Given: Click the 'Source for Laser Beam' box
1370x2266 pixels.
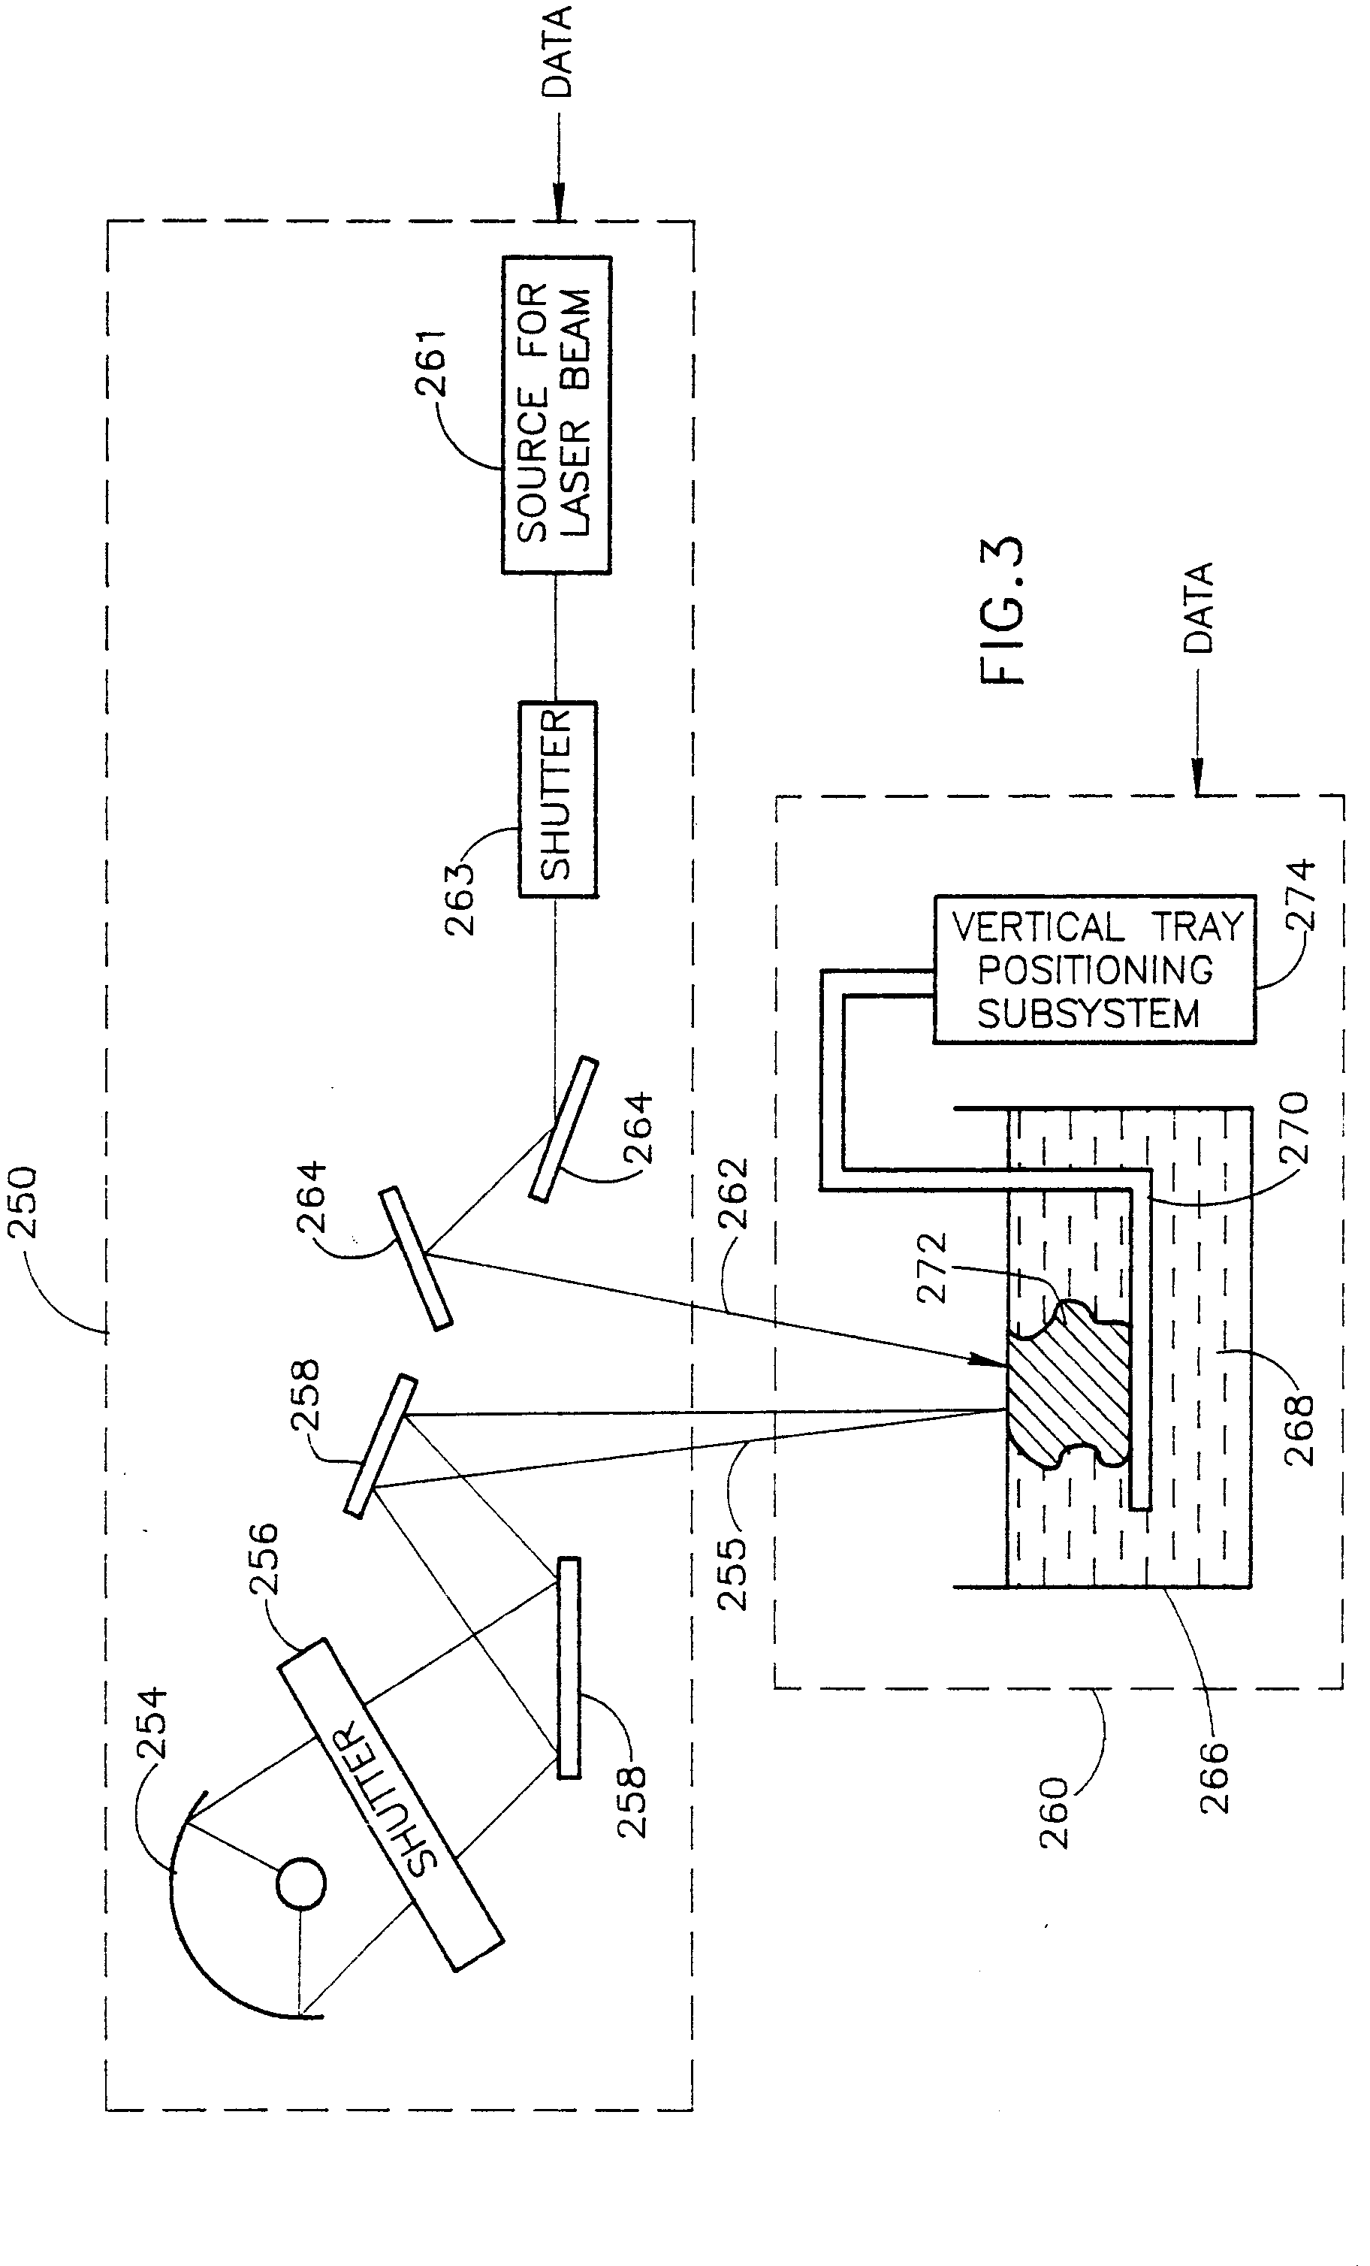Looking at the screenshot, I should (x=557, y=415).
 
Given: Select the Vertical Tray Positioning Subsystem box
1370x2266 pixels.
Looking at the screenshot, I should (x=1094, y=969).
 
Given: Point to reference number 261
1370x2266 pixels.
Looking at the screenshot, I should (x=430, y=362).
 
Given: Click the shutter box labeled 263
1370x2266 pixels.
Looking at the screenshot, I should (x=557, y=799).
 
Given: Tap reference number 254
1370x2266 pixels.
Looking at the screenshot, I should (x=151, y=1723).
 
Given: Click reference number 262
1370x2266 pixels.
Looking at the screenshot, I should (x=733, y=1194).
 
